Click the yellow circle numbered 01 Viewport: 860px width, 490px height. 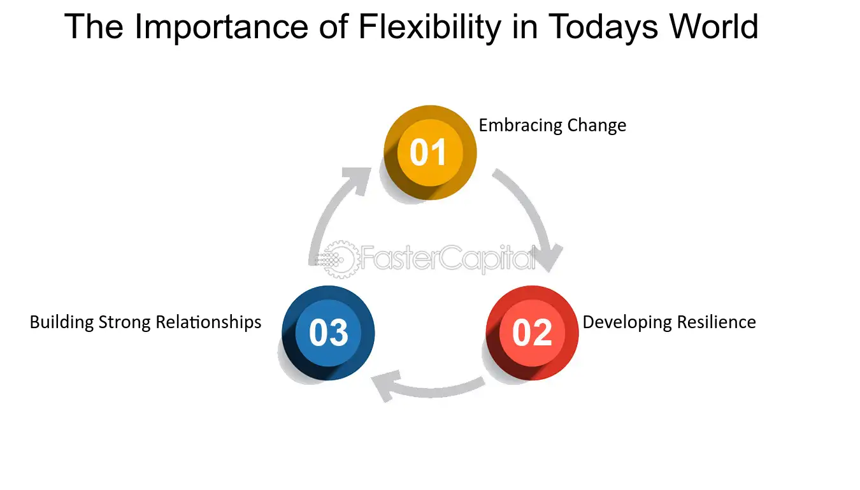pyautogui.click(x=430, y=152)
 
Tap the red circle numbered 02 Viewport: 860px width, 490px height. pyautogui.click(x=532, y=333)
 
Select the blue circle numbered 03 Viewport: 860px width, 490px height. pyautogui.click(x=328, y=333)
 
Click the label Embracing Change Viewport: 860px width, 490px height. pyautogui.click(x=552, y=126)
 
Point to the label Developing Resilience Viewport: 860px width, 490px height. pyautogui.click(x=669, y=322)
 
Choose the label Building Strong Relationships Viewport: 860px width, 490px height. pyautogui.click(x=145, y=322)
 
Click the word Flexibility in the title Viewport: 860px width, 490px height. pyautogui.click(x=429, y=27)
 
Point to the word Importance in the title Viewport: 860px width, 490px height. pyautogui.click(x=221, y=27)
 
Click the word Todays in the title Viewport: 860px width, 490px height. pyautogui.click(x=603, y=27)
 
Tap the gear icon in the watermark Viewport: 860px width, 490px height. pyautogui.click(x=340, y=259)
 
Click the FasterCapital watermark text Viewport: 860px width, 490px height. pyautogui.click(x=447, y=259)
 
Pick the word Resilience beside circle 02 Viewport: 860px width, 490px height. pyautogui.click(x=717, y=322)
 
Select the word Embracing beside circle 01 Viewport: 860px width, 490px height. pyautogui.click(x=520, y=126)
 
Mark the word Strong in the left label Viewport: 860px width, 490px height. pyautogui.click(x=124, y=322)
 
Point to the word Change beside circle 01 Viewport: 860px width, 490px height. pyautogui.click(x=597, y=126)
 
